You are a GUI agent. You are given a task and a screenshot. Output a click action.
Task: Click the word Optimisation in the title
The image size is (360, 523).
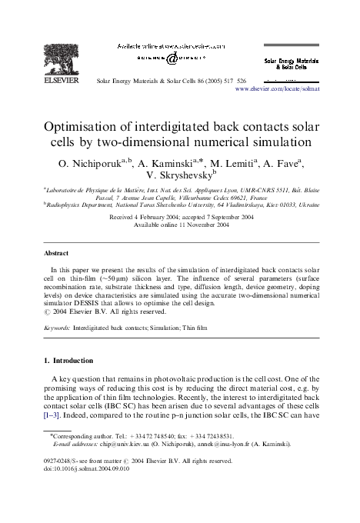pos(87,125)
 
